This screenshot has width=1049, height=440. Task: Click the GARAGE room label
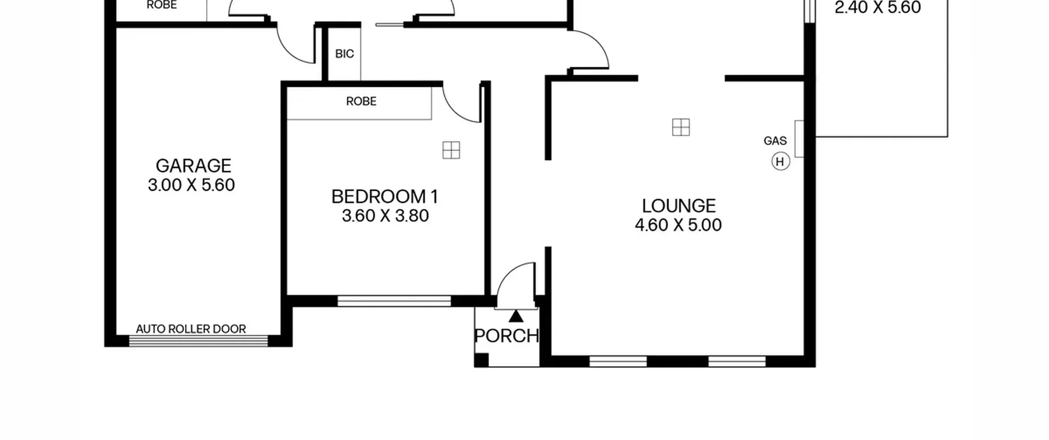tap(193, 166)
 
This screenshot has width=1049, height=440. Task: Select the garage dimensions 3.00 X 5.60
tap(191, 185)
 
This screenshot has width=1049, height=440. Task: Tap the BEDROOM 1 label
tap(385, 197)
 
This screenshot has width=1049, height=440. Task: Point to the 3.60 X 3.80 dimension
tap(385, 216)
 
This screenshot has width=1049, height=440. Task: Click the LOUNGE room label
tap(679, 206)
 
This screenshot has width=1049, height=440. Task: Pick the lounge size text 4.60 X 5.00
tap(678, 225)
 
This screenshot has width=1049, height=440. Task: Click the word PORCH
tap(506, 336)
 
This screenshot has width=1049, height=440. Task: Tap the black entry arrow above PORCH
tap(516, 316)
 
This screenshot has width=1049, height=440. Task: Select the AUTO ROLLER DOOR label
tap(191, 329)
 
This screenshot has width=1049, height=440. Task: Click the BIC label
tap(344, 54)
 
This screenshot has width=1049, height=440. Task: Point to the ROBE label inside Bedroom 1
tap(361, 101)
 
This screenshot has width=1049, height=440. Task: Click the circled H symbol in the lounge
tap(780, 162)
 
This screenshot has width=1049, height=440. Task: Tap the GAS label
tap(775, 141)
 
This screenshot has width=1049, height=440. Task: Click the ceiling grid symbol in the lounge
tap(681, 127)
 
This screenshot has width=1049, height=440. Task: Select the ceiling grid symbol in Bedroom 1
tap(451, 150)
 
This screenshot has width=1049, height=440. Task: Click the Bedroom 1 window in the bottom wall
tap(394, 301)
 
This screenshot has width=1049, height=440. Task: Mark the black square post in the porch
tap(481, 360)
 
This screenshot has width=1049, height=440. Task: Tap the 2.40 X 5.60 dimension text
tap(878, 7)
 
